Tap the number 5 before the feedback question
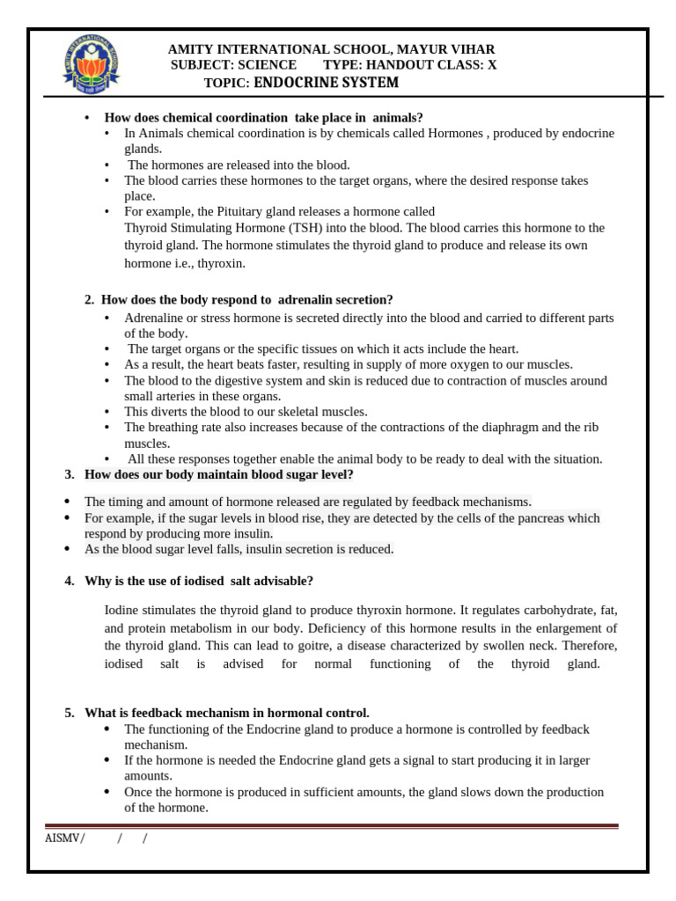coord(69,713)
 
